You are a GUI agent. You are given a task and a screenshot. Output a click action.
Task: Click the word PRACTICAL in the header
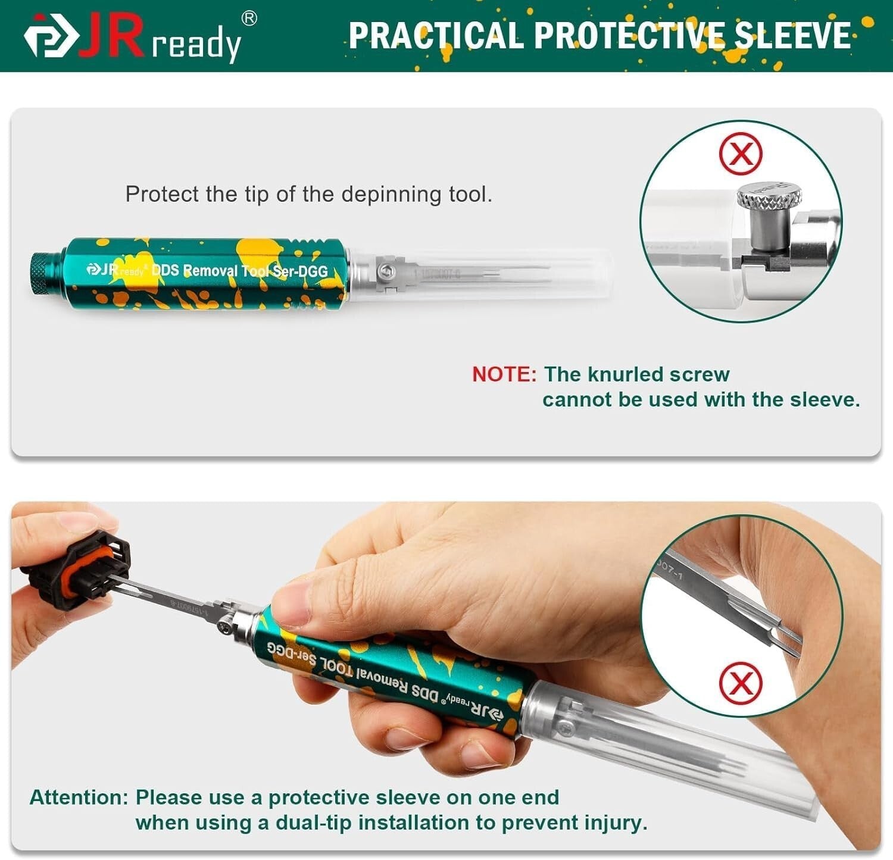click(435, 35)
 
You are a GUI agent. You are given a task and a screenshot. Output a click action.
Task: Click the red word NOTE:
click(504, 374)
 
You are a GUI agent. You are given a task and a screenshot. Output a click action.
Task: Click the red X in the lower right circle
click(740, 682)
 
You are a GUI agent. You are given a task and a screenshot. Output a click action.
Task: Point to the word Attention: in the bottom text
click(79, 798)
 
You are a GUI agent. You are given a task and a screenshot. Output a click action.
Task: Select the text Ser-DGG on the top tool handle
click(300, 271)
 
